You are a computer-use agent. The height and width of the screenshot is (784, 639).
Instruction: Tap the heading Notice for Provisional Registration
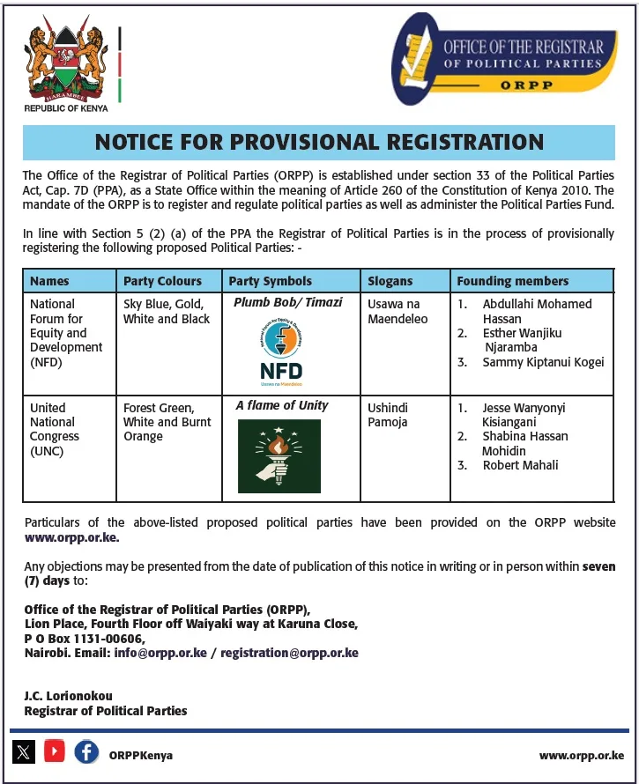coord(319,142)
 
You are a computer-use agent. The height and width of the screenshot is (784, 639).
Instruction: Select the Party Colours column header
coord(162,281)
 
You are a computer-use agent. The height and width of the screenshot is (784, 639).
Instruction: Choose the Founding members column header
coord(512,281)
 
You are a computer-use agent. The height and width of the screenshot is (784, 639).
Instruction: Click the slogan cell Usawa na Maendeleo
coord(394,311)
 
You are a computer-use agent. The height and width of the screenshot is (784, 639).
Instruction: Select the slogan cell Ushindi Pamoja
coord(388,415)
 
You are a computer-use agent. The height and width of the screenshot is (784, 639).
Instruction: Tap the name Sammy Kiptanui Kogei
coord(543,362)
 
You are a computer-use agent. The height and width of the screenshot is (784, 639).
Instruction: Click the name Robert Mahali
coord(520,465)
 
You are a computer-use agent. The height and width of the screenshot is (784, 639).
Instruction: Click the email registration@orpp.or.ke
coord(289,654)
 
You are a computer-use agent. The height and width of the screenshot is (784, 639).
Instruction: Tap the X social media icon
coord(24,752)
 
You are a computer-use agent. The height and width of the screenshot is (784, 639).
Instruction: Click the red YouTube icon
coord(55,752)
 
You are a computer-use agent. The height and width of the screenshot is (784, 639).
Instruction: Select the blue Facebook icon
coord(86,752)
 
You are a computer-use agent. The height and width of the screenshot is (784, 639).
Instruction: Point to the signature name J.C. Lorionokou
coord(68,696)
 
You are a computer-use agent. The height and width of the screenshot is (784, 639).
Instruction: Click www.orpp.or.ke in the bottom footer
coord(581,756)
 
